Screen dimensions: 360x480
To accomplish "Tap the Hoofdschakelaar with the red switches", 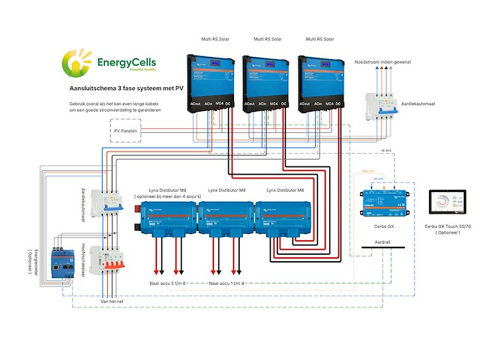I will pos(103,263).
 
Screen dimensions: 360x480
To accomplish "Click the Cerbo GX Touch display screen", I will pos(446,204).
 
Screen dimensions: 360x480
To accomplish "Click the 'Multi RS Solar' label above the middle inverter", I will pos(268,38).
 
